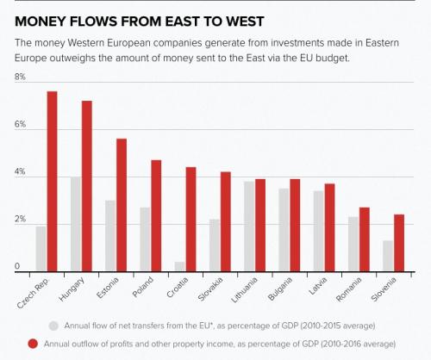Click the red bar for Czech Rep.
point(53,182)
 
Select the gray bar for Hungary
point(76,224)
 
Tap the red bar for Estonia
point(122,205)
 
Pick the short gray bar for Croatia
point(180,266)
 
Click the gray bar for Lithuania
point(249,227)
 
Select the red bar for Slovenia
point(399,243)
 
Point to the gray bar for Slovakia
point(215,245)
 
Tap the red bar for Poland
point(156,215)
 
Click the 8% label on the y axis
point(20,77)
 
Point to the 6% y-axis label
point(20,124)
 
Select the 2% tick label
point(20,220)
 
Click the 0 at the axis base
point(17,266)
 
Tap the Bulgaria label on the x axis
point(279,289)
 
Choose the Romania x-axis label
point(348,289)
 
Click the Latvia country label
point(318,286)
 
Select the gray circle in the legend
point(53,326)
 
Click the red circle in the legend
point(33,344)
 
